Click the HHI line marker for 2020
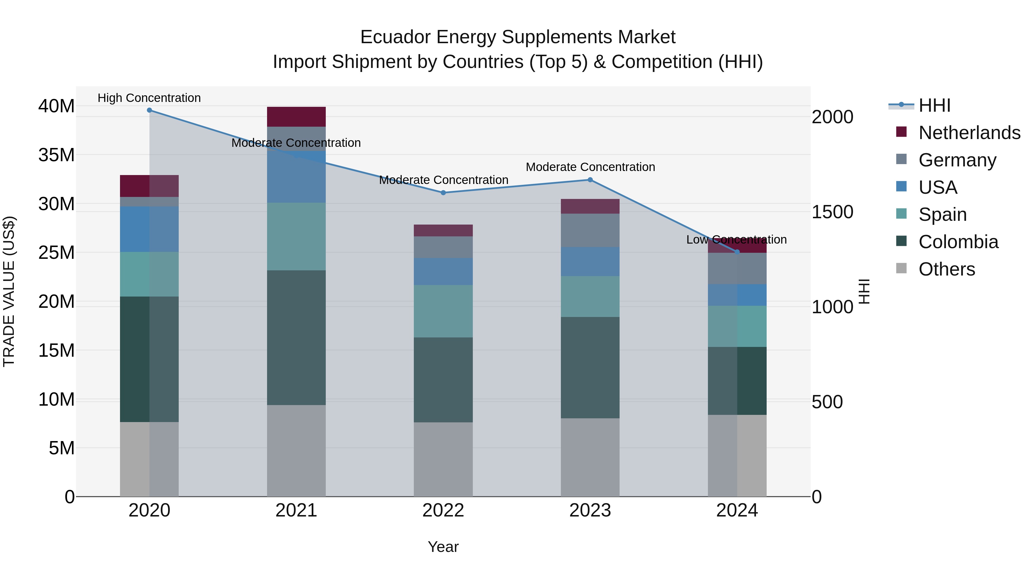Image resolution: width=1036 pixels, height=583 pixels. point(149,110)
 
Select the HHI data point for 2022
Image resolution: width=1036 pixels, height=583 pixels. point(443,193)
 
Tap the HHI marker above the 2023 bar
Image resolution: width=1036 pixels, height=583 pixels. point(590,180)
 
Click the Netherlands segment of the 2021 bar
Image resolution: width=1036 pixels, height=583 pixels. point(296,117)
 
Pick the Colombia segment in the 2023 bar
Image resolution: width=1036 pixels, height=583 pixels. point(590,367)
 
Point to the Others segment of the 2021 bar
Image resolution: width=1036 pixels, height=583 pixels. point(296,451)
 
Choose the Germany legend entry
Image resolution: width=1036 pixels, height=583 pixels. point(957,160)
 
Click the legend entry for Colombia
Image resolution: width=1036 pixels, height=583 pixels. point(958,242)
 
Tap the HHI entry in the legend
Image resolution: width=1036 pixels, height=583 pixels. point(934,105)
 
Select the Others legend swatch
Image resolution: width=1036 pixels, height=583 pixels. point(901,268)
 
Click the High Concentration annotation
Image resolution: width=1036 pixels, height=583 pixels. point(149,98)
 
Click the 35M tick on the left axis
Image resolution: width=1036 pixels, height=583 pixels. point(56,155)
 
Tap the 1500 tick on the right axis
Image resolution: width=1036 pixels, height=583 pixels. point(832,212)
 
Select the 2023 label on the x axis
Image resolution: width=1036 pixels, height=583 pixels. point(590,510)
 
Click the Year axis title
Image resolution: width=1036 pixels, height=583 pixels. point(443,547)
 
